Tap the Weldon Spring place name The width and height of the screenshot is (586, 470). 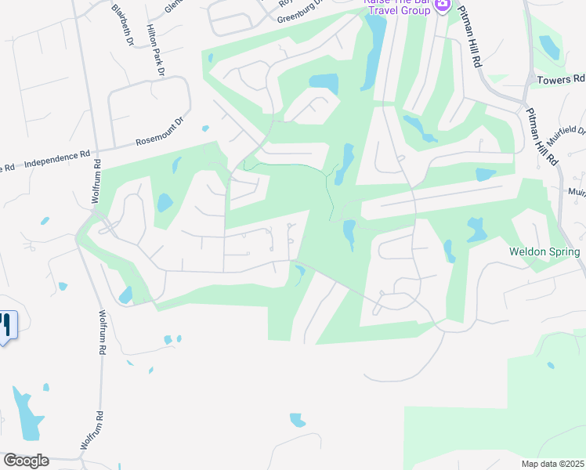point(544,252)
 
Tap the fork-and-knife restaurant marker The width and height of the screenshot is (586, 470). point(6,324)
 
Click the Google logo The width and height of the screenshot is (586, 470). point(26,461)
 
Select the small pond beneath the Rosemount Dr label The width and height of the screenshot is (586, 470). point(205,128)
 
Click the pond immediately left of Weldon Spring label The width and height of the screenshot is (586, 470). point(476,230)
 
